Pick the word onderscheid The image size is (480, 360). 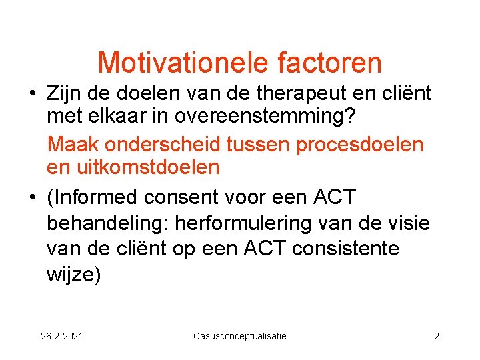(x=163, y=145)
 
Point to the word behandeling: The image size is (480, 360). (x=107, y=223)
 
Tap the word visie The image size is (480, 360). (x=406, y=223)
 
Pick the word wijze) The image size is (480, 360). (x=74, y=273)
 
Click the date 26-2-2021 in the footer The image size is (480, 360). (x=62, y=336)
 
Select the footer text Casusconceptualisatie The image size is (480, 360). (x=239, y=336)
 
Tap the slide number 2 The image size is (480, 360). (x=437, y=336)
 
